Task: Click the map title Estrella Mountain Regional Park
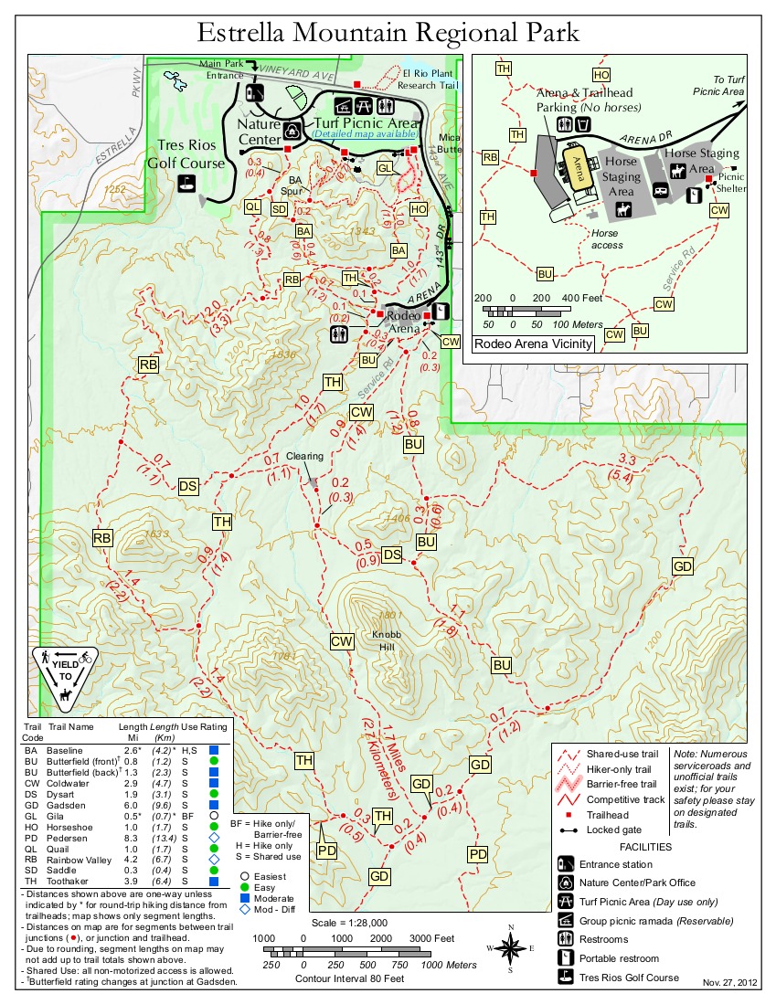click(x=388, y=33)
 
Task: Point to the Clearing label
click(x=304, y=456)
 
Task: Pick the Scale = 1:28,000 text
click(x=350, y=922)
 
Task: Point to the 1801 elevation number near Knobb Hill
click(x=391, y=614)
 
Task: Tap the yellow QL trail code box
click(x=253, y=206)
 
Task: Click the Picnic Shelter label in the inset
click(x=731, y=183)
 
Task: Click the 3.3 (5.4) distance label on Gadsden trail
click(x=627, y=467)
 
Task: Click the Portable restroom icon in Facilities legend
click(x=566, y=958)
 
